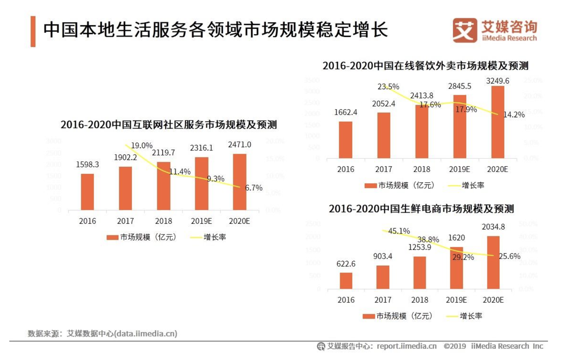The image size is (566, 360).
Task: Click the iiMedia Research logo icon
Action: point(464,30)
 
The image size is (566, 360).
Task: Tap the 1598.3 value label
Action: point(87,164)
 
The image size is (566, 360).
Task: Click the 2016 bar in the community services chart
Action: point(87,192)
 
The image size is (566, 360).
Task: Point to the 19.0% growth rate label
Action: point(142,146)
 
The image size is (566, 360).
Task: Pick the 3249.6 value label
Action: point(498,81)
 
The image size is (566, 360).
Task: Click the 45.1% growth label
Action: point(399,231)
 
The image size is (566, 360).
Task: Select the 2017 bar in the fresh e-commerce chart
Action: point(383,277)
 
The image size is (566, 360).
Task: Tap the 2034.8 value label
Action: point(493,227)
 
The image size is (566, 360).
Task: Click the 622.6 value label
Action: point(346,264)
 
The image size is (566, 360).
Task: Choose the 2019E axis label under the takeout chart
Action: point(459,169)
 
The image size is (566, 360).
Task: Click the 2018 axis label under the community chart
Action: point(163,221)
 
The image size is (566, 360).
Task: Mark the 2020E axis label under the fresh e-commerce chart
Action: point(493,300)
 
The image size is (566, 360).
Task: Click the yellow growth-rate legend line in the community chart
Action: point(195,237)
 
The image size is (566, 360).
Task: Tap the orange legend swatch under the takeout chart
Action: point(371,185)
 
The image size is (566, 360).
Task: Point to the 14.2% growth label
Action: point(514,115)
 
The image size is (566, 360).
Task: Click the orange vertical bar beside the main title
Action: point(33,31)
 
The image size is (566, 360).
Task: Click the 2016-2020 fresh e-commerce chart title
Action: point(421,209)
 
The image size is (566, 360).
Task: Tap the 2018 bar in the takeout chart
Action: point(421,131)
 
